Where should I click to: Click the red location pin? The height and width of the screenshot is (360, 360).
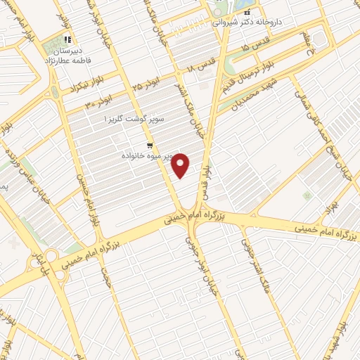point(181,165)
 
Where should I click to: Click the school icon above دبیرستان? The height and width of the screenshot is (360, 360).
point(67,40)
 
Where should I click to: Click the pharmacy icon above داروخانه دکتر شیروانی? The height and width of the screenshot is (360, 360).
point(247,13)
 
